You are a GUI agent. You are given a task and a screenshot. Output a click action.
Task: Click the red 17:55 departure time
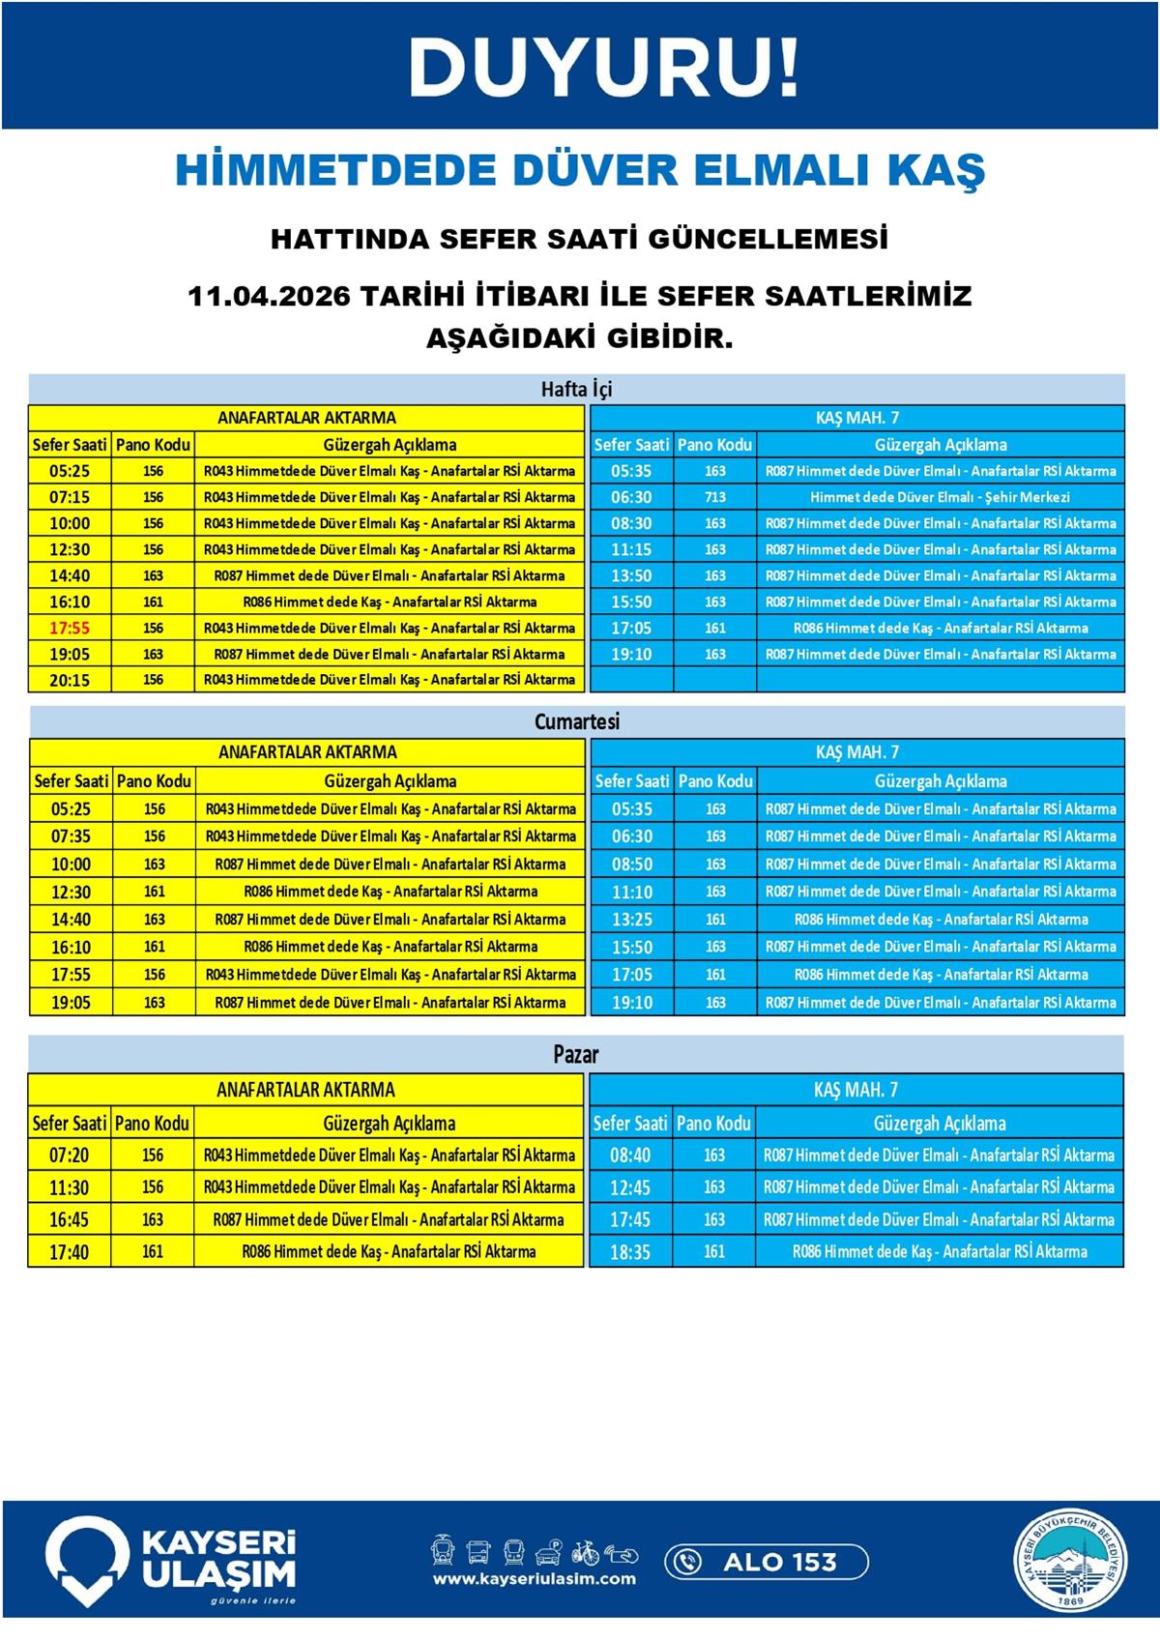pyautogui.click(x=70, y=628)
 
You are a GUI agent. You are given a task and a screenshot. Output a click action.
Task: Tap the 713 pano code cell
pyautogui.click(x=714, y=497)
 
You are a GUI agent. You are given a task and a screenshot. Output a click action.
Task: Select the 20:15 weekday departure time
pyautogui.click(x=70, y=680)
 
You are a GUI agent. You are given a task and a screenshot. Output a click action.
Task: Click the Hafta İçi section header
pyautogui.click(x=576, y=389)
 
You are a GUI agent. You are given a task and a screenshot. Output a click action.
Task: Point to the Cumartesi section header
pyautogui.click(x=576, y=721)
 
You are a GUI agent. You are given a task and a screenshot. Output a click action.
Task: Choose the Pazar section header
pyautogui.click(x=576, y=1054)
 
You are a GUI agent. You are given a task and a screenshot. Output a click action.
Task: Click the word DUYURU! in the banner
pyautogui.click(x=604, y=68)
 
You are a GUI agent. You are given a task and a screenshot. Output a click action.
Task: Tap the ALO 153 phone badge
pyautogui.click(x=766, y=1561)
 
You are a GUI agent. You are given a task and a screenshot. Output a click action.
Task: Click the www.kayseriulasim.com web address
pyautogui.click(x=534, y=1579)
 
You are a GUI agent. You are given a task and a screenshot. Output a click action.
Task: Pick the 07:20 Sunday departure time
pyautogui.click(x=69, y=1155)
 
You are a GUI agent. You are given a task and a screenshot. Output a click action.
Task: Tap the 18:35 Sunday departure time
pyautogui.click(x=630, y=1252)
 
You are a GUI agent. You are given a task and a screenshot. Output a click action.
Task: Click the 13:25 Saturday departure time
pyautogui.click(x=632, y=920)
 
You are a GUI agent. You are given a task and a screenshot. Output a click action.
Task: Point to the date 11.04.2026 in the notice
pyautogui.click(x=268, y=296)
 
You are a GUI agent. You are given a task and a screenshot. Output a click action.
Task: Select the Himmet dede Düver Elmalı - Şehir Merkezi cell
pyautogui.click(x=940, y=497)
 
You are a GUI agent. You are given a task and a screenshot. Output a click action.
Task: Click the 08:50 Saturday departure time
pyautogui.click(x=632, y=864)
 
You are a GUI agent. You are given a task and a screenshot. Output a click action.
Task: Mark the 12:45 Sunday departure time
pyautogui.click(x=630, y=1187)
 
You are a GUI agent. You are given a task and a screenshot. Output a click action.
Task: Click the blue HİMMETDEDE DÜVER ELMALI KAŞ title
pyautogui.click(x=580, y=170)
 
